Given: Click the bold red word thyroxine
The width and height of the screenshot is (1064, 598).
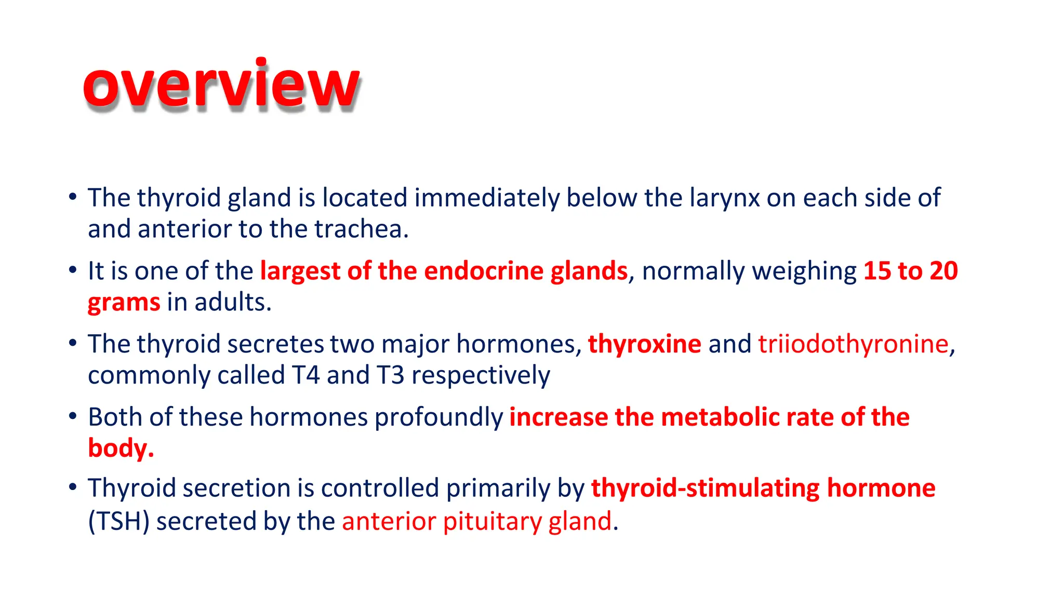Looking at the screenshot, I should click(x=644, y=344).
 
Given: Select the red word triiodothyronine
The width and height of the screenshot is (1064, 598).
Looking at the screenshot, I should click(x=853, y=344).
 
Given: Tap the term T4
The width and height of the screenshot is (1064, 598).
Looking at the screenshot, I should click(x=305, y=375).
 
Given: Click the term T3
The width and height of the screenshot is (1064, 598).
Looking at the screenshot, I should click(x=390, y=375).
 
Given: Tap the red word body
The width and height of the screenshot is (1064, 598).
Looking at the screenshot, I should click(x=118, y=448).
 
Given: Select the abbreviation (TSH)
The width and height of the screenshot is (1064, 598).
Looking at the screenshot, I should click(x=119, y=522).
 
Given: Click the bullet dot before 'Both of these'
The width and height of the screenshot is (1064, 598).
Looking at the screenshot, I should click(x=73, y=416).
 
